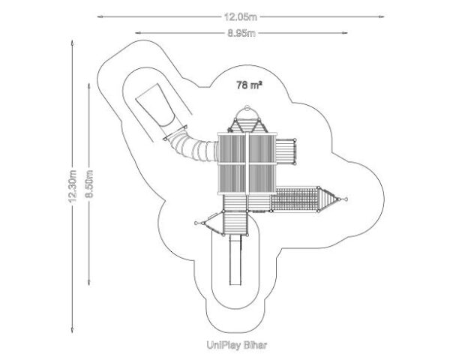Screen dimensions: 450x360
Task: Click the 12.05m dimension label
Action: [241, 17]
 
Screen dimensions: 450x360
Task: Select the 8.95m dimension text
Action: [241, 33]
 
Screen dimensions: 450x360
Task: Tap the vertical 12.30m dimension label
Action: [73, 186]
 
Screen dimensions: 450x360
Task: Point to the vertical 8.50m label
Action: [89, 184]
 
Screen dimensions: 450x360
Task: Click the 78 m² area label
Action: [249, 85]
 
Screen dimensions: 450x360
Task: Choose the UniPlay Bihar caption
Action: [237, 345]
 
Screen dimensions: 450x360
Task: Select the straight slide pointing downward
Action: [235, 259]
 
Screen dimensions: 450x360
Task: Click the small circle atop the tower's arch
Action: [247, 109]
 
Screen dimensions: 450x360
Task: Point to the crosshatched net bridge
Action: [294, 199]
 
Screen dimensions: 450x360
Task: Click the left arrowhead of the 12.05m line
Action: [100, 17]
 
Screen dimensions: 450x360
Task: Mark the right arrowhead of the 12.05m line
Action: [382, 17]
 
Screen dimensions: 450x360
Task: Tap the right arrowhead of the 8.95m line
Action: [345, 33]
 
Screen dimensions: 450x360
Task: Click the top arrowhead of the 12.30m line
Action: [72, 43]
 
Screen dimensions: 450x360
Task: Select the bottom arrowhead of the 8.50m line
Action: [89, 283]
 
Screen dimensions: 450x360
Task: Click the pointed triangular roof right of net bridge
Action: [327, 199]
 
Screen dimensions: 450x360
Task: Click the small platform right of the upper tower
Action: [285, 151]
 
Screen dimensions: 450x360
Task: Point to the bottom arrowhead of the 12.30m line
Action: [72, 331]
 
